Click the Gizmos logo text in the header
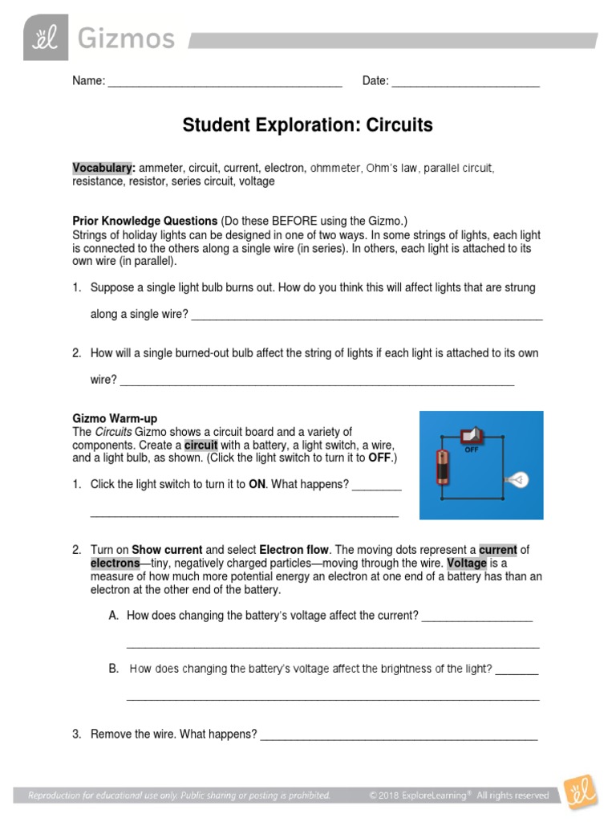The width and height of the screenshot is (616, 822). click(125, 38)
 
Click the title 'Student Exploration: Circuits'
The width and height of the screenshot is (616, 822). click(307, 125)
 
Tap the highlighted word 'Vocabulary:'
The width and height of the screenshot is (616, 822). click(103, 168)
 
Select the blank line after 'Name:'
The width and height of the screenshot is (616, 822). click(225, 82)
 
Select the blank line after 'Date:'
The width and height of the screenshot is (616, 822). click(465, 82)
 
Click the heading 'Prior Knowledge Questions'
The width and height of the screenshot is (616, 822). click(145, 220)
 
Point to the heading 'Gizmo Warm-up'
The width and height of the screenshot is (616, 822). click(115, 418)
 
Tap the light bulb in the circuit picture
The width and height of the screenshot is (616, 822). click(515, 480)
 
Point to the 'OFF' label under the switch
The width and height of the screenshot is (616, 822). click(472, 450)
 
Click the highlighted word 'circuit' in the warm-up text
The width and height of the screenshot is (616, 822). click(201, 445)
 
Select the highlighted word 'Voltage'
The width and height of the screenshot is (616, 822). click(467, 563)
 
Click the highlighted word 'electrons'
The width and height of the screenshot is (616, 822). click(115, 563)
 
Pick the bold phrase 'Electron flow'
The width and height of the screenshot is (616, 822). click(294, 550)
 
